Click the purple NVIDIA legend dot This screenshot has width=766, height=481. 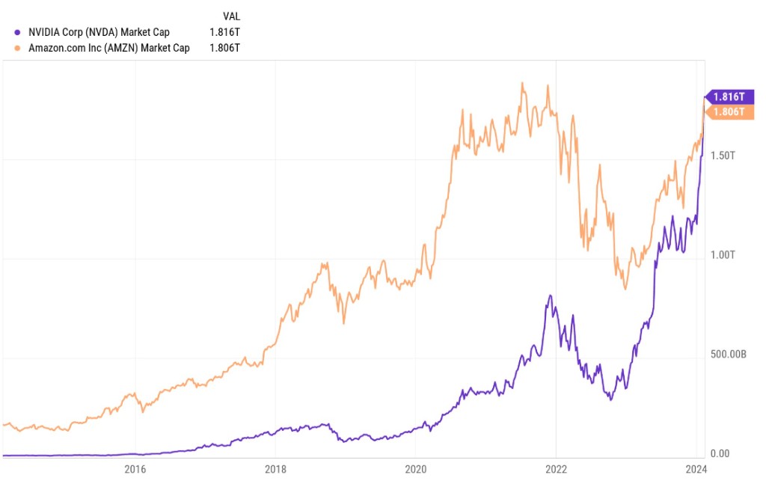17,32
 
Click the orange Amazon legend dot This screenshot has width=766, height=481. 17,48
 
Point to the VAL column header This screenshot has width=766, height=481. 232,16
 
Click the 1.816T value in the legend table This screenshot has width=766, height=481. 227,32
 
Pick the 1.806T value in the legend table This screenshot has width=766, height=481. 227,48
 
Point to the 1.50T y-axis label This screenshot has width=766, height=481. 722,156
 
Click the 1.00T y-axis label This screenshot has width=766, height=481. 722,254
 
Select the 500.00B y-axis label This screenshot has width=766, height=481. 728,354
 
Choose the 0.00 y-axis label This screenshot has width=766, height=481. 720,453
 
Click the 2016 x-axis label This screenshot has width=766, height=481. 135,469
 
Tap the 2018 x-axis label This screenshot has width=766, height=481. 275,469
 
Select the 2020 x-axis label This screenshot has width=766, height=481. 416,469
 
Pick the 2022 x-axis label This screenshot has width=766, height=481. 556,469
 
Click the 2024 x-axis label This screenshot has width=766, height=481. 696,469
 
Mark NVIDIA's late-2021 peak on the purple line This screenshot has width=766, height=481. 551,295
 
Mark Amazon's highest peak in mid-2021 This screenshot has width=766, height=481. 521,83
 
